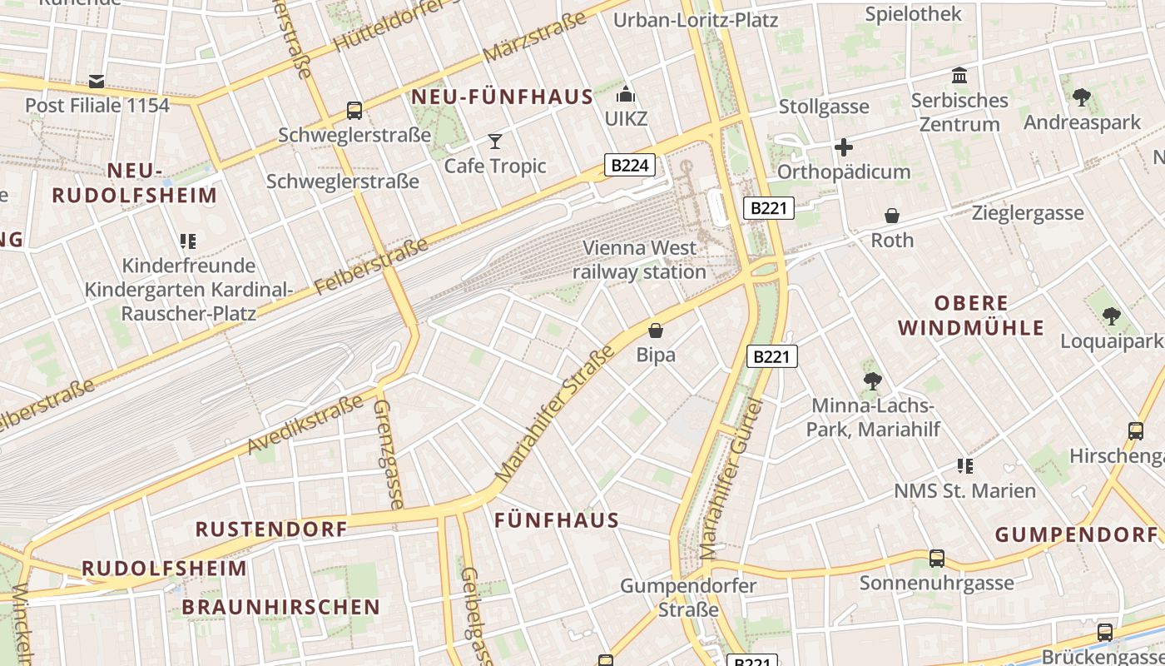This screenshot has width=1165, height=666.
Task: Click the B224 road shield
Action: click(x=629, y=165)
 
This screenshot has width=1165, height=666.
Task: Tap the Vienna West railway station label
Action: click(x=639, y=260)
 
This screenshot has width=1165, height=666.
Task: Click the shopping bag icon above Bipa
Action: click(x=656, y=331)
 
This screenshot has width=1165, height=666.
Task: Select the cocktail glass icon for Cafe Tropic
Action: click(x=495, y=141)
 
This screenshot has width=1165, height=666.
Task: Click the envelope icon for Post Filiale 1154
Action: click(x=97, y=81)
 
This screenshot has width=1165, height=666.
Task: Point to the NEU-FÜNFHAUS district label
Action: click(x=502, y=97)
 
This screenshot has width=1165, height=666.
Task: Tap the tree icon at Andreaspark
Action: click(x=1081, y=97)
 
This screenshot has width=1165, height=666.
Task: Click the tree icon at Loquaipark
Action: click(x=1111, y=316)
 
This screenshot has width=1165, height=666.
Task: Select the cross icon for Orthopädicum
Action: click(x=844, y=148)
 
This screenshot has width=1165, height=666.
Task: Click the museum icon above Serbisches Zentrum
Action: click(x=959, y=76)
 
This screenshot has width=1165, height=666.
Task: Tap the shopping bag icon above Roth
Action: click(x=892, y=216)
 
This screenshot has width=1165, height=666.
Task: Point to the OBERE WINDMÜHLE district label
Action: click(x=971, y=315)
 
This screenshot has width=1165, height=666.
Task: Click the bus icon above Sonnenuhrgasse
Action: click(x=937, y=558)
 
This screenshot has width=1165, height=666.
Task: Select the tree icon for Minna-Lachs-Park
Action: click(x=872, y=381)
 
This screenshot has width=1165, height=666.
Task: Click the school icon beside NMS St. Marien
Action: click(x=965, y=465)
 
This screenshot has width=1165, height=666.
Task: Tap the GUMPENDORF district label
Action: click(x=1076, y=534)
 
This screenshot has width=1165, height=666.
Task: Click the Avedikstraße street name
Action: click(x=305, y=425)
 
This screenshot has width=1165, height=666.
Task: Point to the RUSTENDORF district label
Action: click(x=271, y=529)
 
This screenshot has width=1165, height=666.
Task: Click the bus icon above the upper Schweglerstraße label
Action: click(x=354, y=110)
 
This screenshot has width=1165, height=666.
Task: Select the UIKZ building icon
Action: click(x=626, y=94)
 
